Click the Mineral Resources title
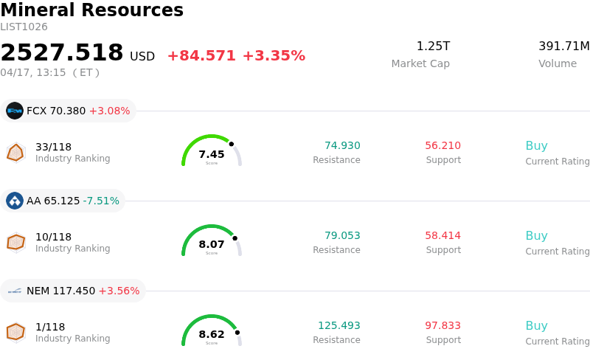click(x=91, y=10)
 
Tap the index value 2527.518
click(x=62, y=53)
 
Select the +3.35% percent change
click(x=274, y=56)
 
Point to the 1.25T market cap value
click(x=433, y=46)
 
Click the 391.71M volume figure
click(x=563, y=46)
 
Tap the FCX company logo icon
click(x=15, y=111)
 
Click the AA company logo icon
click(x=15, y=201)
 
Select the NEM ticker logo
click(x=15, y=291)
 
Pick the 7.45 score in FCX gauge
click(x=212, y=154)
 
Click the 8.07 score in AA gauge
click(x=212, y=244)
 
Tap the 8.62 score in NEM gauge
click(x=212, y=334)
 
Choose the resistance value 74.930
click(x=342, y=146)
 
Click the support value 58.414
click(x=442, y=236)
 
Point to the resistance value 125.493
click(x=339, y=326)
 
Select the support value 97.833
click(x=442, y=326)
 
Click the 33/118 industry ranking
click(x=53, y=147)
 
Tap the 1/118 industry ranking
click(x=50, y=327)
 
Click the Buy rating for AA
click(x=536, y=236)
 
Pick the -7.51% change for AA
click(x=101, y=201)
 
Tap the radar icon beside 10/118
click(x=15, y=242)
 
